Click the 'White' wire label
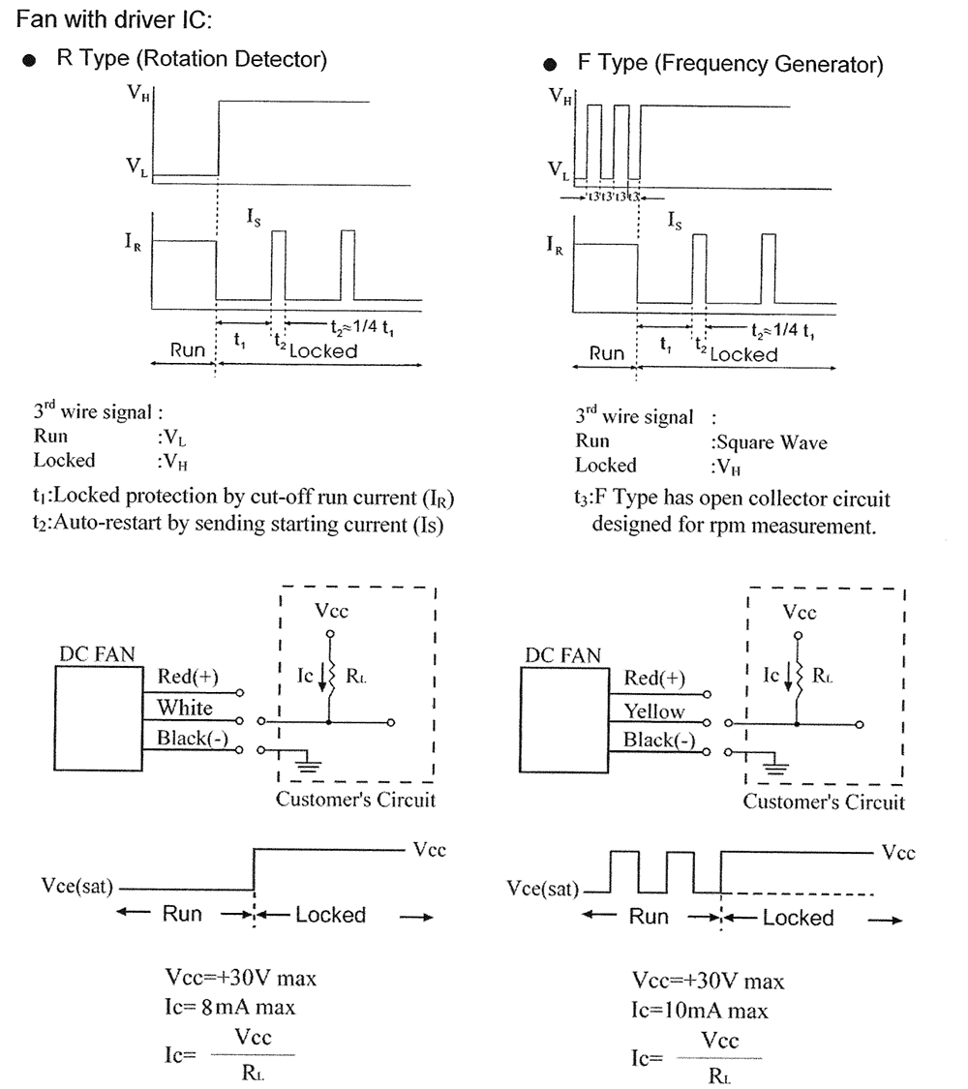185,708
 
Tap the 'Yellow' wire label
654,711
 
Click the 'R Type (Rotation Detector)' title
191,59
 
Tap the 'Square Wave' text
769,442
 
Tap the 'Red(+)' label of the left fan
188,677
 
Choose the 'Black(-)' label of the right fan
659,741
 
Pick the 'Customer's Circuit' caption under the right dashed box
824,802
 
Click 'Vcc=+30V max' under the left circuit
242,978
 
